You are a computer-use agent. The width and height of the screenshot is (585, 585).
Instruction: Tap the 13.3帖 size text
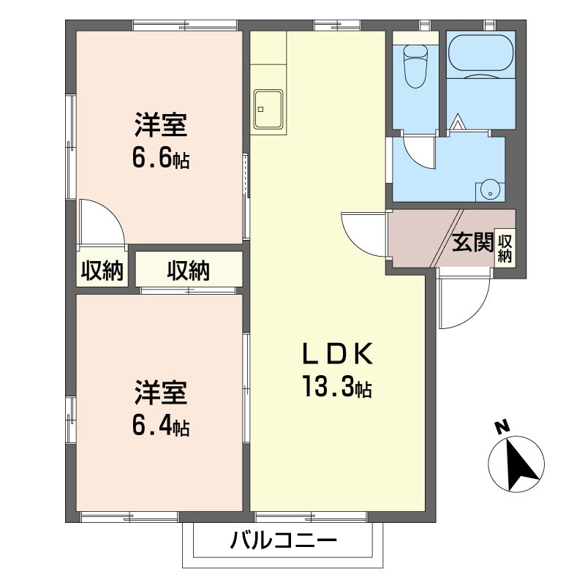point(338,385)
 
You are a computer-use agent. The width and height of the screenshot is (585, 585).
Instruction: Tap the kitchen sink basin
point(268,109)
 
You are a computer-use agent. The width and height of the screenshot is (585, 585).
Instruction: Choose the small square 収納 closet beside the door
point(102,271)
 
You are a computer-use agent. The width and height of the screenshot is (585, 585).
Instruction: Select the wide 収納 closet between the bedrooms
point(189,271)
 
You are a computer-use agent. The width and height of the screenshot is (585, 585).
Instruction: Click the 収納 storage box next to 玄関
point(505,246)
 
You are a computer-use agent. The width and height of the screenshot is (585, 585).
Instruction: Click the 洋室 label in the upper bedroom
point(160,126)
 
